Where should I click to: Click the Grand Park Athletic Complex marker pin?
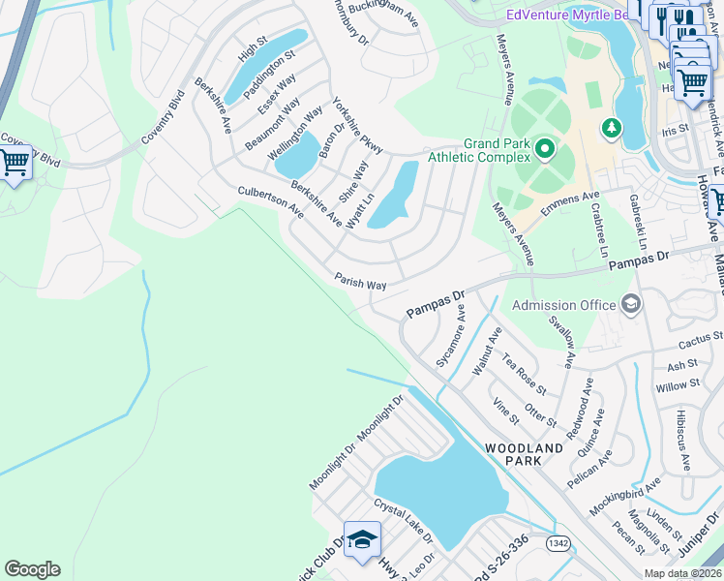coord(545,148)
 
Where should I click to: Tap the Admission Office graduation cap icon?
coord(631,305)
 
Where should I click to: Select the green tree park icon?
coord(611,127)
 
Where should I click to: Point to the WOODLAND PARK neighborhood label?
coord(523,455)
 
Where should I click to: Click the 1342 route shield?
coord(558,543)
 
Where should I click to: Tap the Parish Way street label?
coord(361,280)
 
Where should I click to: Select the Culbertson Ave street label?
coord(271,202)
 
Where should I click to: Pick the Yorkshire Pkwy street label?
coord(357,125)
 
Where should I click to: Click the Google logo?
coord(32,569)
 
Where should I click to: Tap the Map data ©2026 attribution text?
coord(682,573)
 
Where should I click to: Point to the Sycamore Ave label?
coord(451,341)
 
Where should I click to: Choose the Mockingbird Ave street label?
coord(624,498)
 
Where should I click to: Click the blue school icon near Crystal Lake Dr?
coord(362,540)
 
